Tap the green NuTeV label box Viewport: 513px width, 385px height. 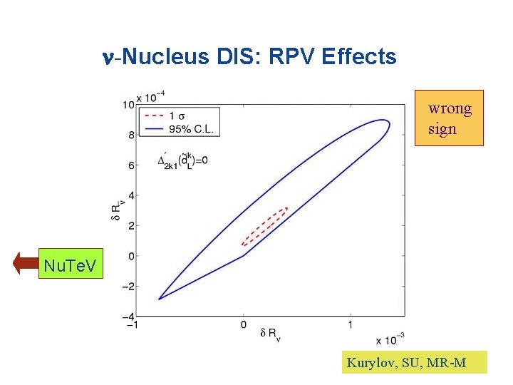[x=71, y=265]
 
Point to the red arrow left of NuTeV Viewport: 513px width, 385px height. [x=25, y=265]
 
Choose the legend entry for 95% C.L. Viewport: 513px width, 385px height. [x=178, y=129]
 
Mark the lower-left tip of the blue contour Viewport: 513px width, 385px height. [x=159, y=298]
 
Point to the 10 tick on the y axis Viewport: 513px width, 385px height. [x=127, y=106]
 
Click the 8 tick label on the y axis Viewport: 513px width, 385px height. [x=130, y=135]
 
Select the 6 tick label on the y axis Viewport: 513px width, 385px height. [x=130, y=165]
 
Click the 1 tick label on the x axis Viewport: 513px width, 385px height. [x=351, y=325]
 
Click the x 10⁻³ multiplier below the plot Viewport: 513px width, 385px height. [x=388, y=339]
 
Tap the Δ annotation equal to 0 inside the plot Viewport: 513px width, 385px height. [x=183, y=160]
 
